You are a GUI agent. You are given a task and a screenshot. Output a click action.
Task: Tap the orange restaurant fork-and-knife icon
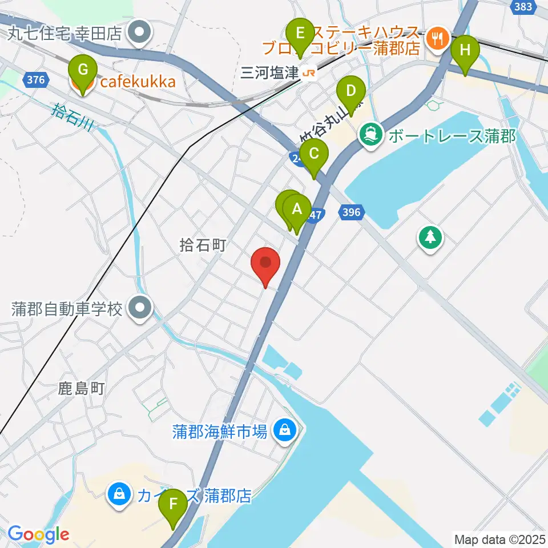coord(438,39)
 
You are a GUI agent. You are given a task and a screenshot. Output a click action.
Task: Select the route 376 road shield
coord(35,80)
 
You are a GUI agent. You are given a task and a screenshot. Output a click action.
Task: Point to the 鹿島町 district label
coord(82,389)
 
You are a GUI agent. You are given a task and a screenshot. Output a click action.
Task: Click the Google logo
coord(38,534)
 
